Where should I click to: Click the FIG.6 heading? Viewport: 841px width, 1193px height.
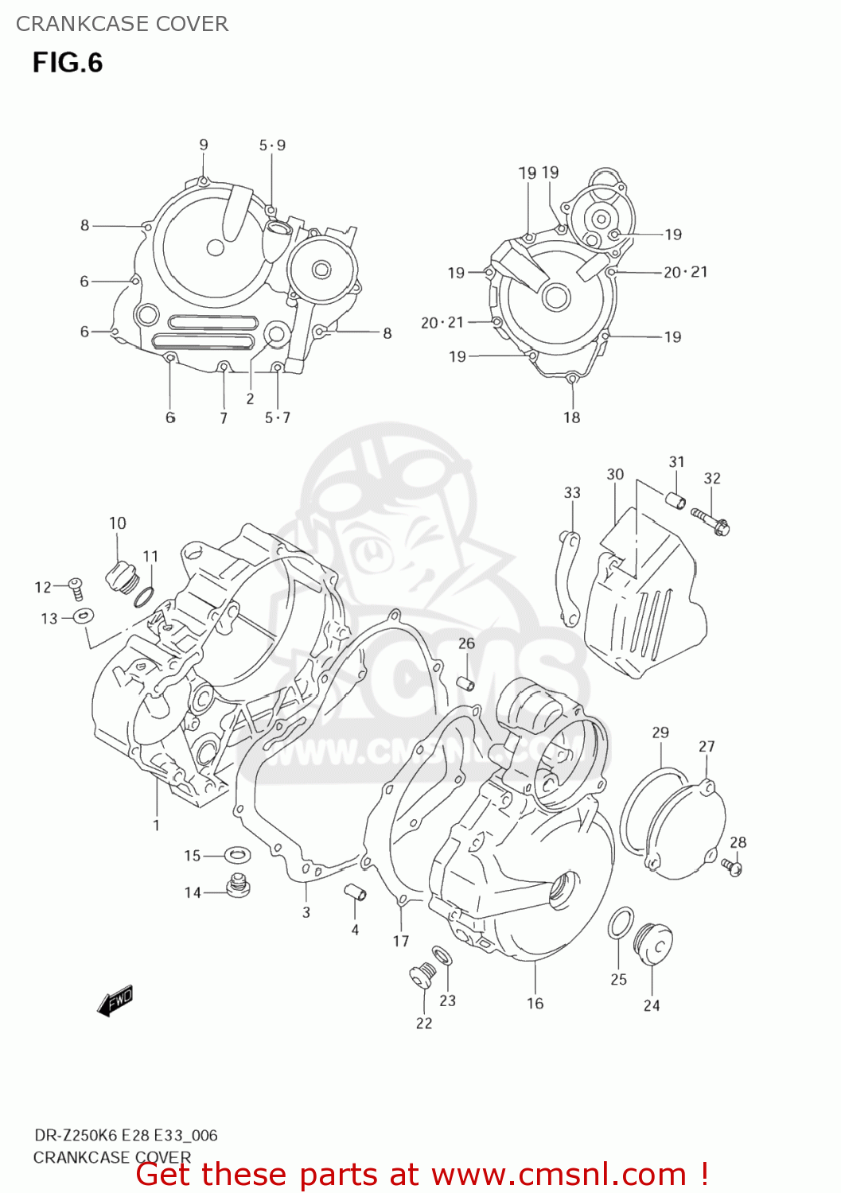click(x=68, y=63)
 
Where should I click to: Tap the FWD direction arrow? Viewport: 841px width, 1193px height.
click(x=115, y=1000)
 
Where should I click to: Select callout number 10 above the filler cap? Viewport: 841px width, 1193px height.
click(x=117, y=523)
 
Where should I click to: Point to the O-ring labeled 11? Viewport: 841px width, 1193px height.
click(x=144, y=596)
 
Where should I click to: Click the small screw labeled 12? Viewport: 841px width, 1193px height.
click(x=76, y=588)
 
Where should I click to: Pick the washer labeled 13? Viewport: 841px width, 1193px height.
click(x=82, y=616)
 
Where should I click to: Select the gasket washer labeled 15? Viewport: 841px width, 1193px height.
click(x=236, y=855)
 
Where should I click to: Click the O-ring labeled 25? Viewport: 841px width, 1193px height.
click(x=621, y=924)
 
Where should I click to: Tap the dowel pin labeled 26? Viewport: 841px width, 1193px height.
click(x=465, y=682)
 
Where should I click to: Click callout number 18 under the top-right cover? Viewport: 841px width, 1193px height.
click(x=571, y=418)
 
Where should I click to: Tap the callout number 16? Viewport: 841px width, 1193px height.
click(x=535, y=1004)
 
